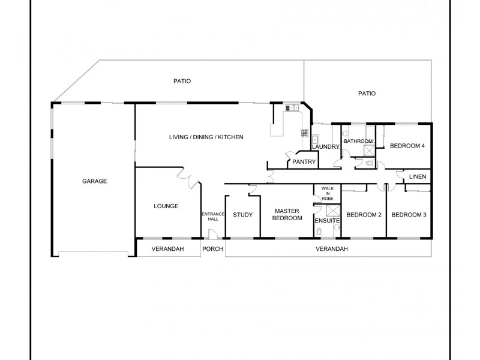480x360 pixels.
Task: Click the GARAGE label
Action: tap(95, 181)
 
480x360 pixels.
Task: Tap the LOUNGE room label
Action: tap(166, 206)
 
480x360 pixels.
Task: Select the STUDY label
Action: tap(242, 215)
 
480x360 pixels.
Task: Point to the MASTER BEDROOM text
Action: tap(287, 214)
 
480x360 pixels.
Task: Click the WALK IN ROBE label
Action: tap(327, 193)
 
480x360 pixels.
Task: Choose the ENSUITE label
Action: tap(327, 221)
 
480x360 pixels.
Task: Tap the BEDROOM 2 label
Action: tap(364, 215)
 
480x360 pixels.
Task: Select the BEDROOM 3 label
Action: tap(409, 215)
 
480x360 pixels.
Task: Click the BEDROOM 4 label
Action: tap(407, 146)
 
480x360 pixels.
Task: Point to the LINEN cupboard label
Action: tap(418, 176)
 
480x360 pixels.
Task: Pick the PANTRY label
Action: tap(304, 161)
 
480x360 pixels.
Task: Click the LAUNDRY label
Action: tap(326, 147)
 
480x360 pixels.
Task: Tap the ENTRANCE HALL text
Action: tap(213, 217)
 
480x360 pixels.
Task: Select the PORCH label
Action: tap(212, 248)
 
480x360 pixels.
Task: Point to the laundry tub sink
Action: tap(315, 139)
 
